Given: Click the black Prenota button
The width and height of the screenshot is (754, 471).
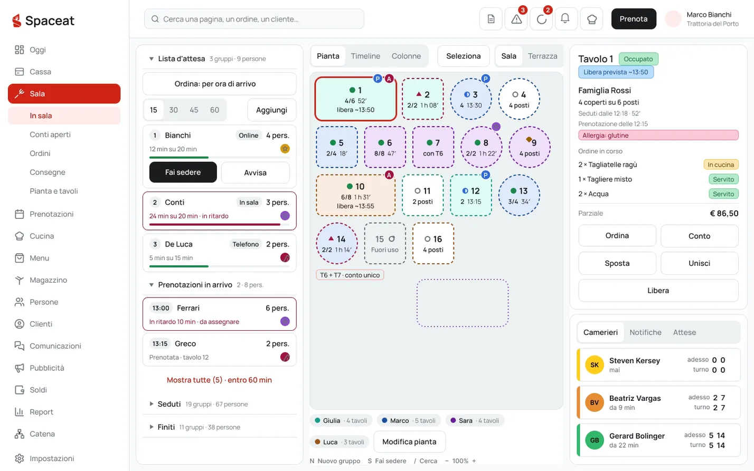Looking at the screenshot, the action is tap(634, 19).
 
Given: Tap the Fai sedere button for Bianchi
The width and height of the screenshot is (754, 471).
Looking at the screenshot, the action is tap(183, 172).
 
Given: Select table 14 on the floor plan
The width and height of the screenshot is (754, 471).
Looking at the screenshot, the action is tap(337, 243).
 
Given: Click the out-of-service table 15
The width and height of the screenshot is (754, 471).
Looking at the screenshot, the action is tap(385, 243).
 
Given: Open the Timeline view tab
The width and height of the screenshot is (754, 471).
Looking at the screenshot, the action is tap(365, 56).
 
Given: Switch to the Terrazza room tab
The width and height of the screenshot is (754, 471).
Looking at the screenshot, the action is tap(542, 56).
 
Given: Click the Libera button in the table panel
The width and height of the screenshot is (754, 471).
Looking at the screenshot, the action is tap(658, 291).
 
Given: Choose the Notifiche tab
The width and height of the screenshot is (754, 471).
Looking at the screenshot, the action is tap(645, 332).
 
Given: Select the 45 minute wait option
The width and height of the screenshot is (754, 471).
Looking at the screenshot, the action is tap(194, 110).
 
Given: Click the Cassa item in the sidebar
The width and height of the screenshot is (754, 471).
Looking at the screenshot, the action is tap(40, 72).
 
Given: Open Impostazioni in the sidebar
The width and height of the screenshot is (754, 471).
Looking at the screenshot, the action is tap(52, 458).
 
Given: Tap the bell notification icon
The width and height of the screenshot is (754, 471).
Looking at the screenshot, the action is tap(565, 19).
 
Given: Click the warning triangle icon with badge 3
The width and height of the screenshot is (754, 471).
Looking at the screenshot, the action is tap(516, 19).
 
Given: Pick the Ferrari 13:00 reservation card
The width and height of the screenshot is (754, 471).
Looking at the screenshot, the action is tap(220, 314).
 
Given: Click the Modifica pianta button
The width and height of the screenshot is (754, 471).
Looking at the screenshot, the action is tap(409, 441).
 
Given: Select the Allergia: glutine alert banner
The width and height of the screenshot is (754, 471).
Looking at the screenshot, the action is tap(658, 135).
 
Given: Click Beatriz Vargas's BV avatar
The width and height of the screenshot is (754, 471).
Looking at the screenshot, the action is tap(594, 402).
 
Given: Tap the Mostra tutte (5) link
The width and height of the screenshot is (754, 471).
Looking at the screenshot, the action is tap(219, 380).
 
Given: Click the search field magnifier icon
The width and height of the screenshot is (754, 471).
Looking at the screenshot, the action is tap(155, 19).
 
